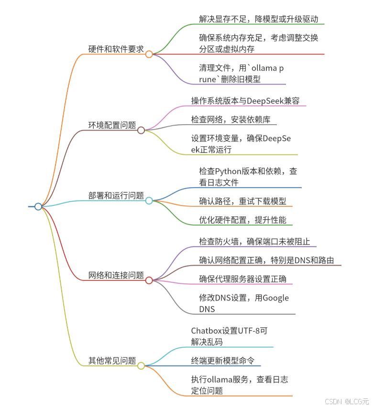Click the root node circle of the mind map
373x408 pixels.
click(x=38, y=206)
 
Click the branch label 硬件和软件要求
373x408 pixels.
click(x=116, y=50)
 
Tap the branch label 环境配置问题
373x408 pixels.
click(x=112, y=125)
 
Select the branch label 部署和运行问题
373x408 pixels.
click(x=116, y=195)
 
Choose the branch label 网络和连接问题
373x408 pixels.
click(x=116, y=275)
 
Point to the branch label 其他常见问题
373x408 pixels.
click(x=112, y=361)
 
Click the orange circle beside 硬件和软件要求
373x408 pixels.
click(x=149, y=54)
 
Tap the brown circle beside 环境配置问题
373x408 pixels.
click(x=141, y=130)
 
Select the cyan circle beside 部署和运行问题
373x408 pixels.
click(x=149, y=201)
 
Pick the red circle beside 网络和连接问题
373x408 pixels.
click(x=149, y=280)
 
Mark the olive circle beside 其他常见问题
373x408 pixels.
click(x=141, y=366)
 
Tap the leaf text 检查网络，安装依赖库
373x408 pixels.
click(x=230, y=119)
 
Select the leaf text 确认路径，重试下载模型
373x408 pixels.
click(x=243, y=201)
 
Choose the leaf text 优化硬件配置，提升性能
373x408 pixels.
click(x=243, y=220)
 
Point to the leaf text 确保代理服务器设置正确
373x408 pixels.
click(x=243, y=279)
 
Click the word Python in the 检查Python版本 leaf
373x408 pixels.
click(x=229, y=171)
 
